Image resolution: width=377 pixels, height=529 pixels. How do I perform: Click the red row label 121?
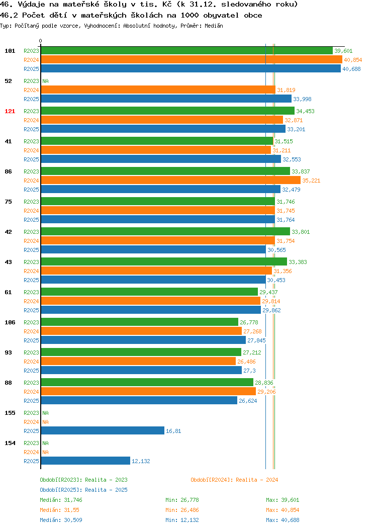[10, 111]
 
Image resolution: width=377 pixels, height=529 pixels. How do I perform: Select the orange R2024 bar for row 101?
[192, 60]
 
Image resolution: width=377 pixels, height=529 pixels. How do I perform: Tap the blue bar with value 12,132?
[85, 461]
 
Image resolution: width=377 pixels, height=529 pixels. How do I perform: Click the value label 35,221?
[311, 181]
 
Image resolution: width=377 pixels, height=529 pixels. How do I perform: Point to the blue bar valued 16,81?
[103, 431]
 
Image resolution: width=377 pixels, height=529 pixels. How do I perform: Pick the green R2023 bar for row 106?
[140, 322]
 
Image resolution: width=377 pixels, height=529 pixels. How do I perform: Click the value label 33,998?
[302, 99]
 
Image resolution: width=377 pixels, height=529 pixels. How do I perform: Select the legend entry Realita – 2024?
[234, 480]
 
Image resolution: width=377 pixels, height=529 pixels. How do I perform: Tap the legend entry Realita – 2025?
[83, 490]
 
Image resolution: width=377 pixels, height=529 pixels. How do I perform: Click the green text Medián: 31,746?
[61, 500]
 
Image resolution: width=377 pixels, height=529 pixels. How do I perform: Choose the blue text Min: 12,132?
[182, 520]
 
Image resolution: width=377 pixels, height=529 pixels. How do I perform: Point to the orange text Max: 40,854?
[282, 510]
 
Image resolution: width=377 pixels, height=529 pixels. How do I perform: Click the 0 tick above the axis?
[41, 41]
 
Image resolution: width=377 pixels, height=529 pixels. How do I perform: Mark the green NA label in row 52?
[46, 81]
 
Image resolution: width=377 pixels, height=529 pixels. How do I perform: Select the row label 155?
[10, 413]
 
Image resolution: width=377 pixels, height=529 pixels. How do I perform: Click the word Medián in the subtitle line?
[214, 26]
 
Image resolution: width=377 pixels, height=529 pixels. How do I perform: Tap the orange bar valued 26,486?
[138, 362]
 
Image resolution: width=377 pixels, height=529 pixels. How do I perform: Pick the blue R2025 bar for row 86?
[161, 189]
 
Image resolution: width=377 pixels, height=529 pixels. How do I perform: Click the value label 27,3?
[249, 371]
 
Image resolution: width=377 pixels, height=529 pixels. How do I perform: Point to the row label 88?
[8, 383]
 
